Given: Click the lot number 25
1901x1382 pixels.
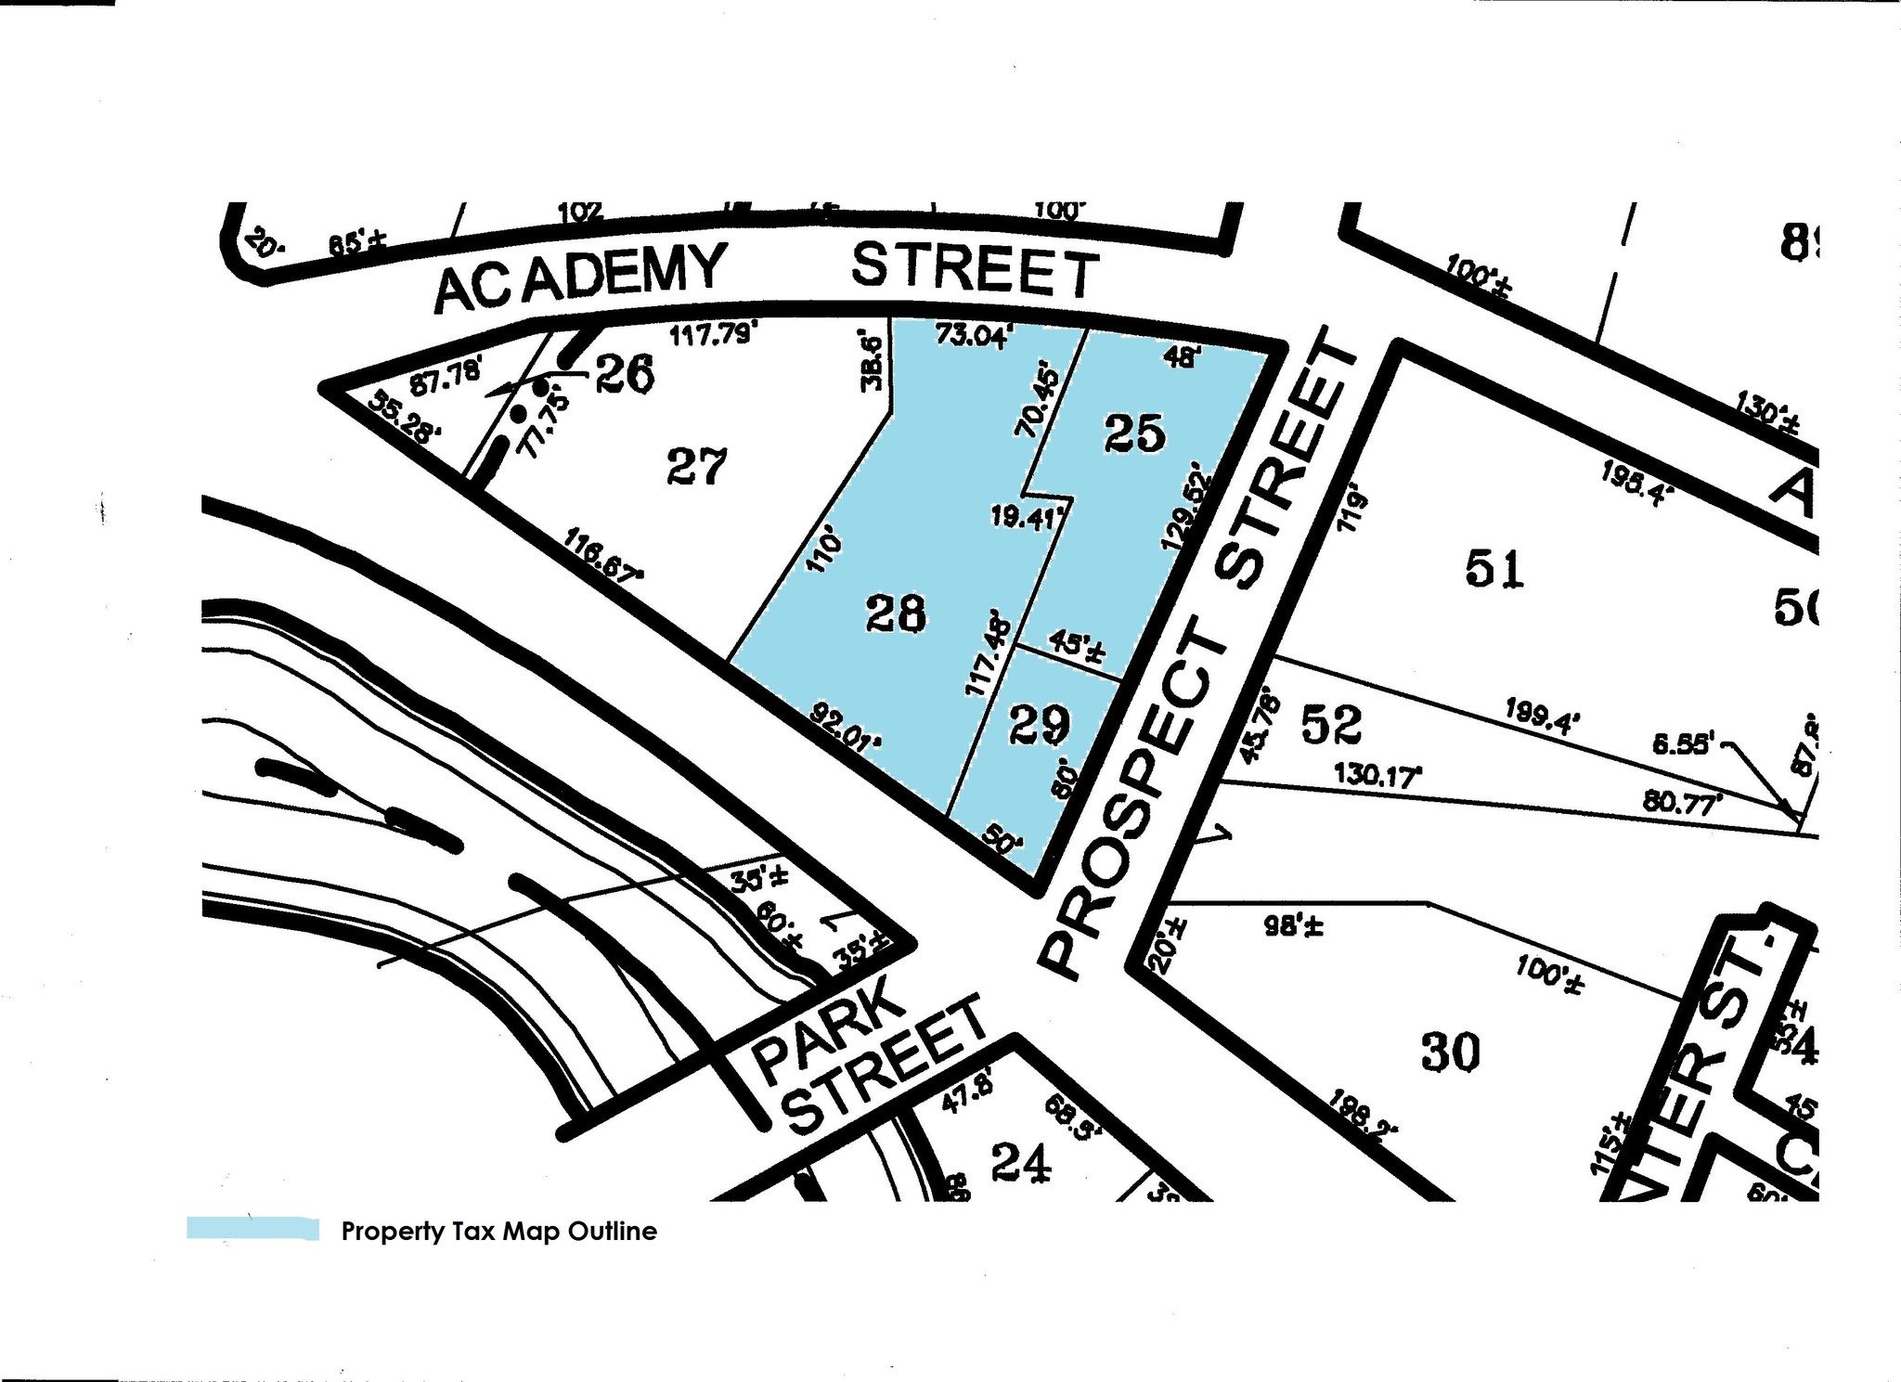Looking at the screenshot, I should pos(1133,433).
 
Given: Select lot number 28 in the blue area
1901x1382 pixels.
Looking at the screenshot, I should pos(896,614).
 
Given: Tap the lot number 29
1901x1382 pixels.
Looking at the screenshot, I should pos(1039,725).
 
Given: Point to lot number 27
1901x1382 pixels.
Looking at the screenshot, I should pos(697,466).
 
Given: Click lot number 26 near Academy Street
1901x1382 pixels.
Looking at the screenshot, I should pos(624,374).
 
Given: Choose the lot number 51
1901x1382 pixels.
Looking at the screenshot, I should pos(1494,568).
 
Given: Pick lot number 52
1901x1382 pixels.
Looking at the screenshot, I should pos(1331,724).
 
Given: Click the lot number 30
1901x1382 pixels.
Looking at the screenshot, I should pos(1450,1053).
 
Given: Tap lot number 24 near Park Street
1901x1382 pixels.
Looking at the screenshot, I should pos(1021,1161).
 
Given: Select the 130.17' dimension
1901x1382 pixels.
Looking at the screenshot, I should pos(1377,774).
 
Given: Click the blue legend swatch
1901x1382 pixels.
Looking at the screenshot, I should pos(252,1229).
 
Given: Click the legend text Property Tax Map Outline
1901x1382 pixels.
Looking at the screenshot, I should pos(499,1232).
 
